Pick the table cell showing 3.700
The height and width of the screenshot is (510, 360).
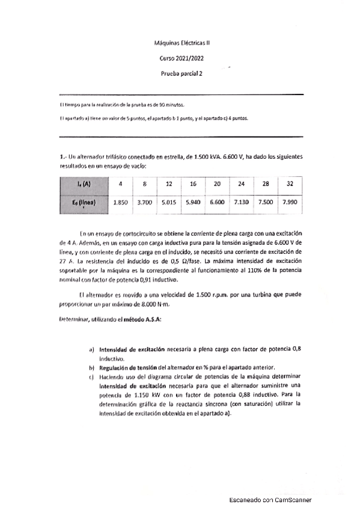[x=145, y=203]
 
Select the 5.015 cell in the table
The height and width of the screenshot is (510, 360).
[x=169, y=203]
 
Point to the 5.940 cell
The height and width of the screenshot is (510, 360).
[x=193, y=203]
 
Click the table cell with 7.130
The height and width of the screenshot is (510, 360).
[x=241, y=203]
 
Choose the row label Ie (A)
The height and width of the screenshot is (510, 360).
[x=85, y=183]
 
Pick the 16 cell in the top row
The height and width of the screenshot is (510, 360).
[x=193, y=183]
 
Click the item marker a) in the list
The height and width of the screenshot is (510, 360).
[x=91, y=349]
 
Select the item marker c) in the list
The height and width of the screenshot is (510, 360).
[x=91, y=376]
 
